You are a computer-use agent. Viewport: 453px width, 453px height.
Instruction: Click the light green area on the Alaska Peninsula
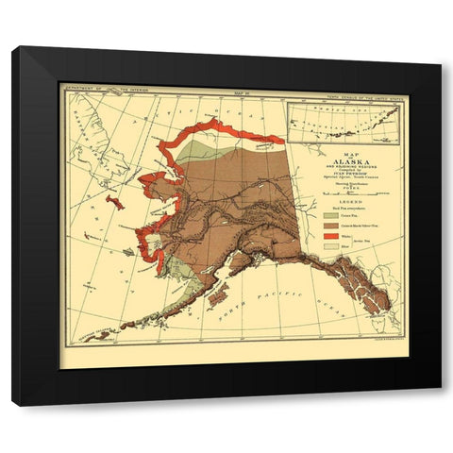[x=185, y=283]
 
